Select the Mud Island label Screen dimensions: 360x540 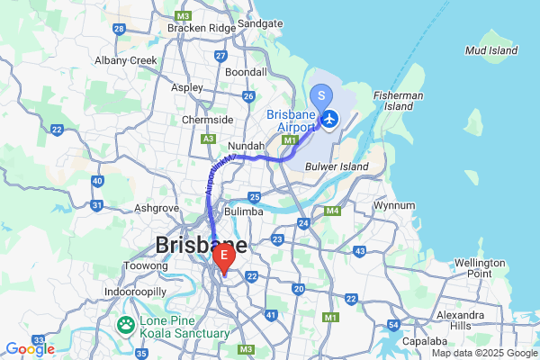tap(491, 50)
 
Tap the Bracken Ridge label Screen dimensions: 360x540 tap(200, 28)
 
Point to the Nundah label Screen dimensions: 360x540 tap(247, 146)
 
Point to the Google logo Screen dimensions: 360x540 tap(29, 349)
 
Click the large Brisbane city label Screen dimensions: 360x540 tap(202, 245)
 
